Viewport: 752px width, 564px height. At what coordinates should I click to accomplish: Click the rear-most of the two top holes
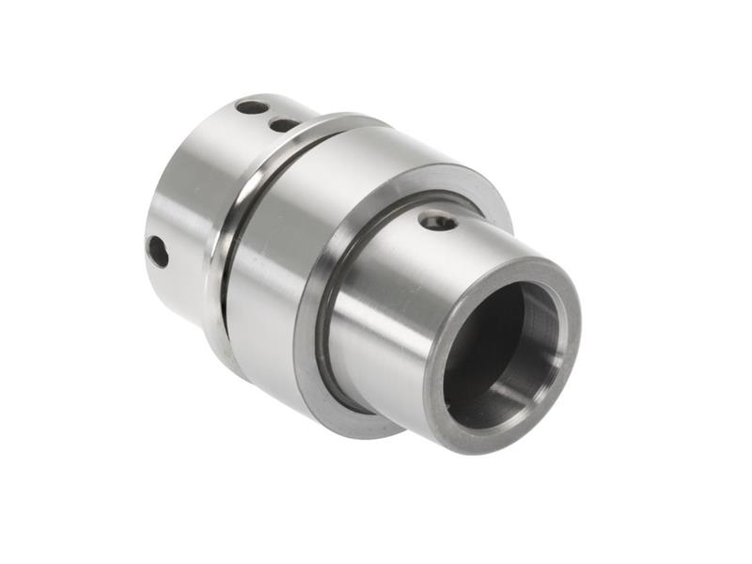(251, 107)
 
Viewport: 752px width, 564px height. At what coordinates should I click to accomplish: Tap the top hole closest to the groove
(284, 124)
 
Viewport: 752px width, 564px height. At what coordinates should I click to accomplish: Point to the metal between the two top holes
(268, 116)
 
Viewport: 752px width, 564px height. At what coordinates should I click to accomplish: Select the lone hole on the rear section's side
(158, 251)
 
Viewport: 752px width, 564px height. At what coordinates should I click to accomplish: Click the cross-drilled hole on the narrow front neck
(437, 222)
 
